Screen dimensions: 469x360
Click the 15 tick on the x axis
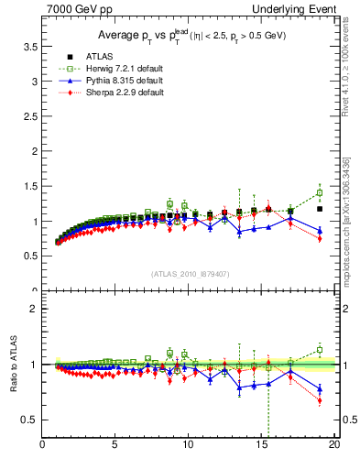(x=261, y=446)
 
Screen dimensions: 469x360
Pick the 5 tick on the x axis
(x=115, y=446)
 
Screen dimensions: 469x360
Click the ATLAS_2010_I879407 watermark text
(x=190, y=274)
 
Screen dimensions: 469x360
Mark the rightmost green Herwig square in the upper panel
(x=320, y=193)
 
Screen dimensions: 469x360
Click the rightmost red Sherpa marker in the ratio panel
(x=320, y=400)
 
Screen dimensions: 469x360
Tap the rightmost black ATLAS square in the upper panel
(x=320, y=209)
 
